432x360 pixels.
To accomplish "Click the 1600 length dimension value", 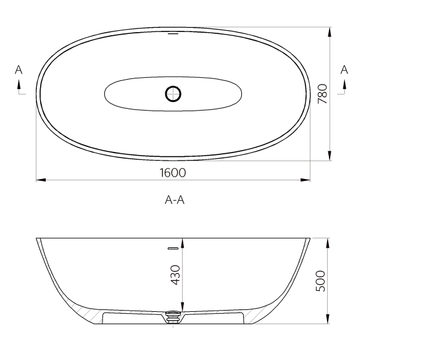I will [173, 173].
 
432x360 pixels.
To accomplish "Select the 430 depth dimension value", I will [175, 274].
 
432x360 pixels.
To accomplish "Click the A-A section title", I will [175, 200].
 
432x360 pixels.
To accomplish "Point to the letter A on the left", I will [19, 70].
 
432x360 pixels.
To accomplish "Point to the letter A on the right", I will [344, 70].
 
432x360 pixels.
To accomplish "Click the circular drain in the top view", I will [173, 94].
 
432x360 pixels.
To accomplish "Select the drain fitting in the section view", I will [174, 316].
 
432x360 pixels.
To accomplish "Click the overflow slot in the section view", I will [173, 249].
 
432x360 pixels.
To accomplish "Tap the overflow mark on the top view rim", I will [173, 34].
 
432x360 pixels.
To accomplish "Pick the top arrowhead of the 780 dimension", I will [330, 31].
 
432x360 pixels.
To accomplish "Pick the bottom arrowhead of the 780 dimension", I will [330, 156].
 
